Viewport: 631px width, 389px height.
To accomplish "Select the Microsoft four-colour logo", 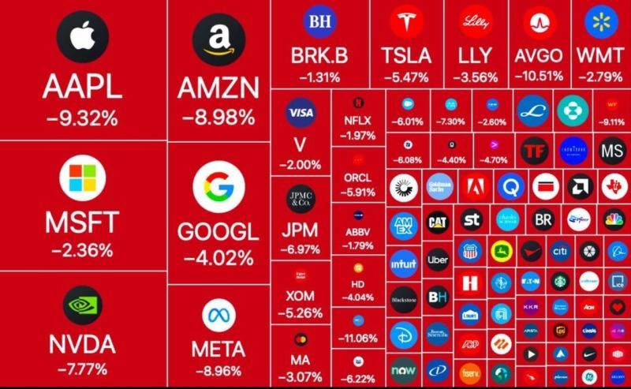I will pyautogui.click(x=83, y=178).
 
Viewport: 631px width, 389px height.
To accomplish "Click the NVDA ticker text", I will pyautogui.click(x=82, y=344).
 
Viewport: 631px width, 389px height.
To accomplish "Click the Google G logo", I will pyautogui.click(x=218, y=188).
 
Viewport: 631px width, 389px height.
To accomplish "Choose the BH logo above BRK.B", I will pyautogui.click(x=319, y=21).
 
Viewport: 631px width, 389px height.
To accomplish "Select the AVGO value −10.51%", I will pyautogui.click(x=539, y=77).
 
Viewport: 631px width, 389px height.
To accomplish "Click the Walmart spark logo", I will pyautogui.click(x=600, y=21).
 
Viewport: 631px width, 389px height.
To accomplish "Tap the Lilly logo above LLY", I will pyautogui.click(x=476, y=21).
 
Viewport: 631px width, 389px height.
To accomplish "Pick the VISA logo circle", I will pyautogui.click(x=301, y=113).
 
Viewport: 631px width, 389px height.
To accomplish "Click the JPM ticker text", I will pyautogui.click(x=301, y=231).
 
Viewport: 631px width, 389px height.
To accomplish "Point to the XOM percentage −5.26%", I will pyautogui.click(x=301, y=312).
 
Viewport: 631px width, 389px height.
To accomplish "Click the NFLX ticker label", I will pyautogui.click(x=358, y=121).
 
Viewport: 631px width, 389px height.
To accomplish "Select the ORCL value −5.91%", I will pyautogui.click(x=358, y=192).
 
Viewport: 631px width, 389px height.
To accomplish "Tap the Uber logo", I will pyautogui.click(x=438, y=260).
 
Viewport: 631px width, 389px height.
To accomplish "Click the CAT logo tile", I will pyautogui.click(x=438, y=222).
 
